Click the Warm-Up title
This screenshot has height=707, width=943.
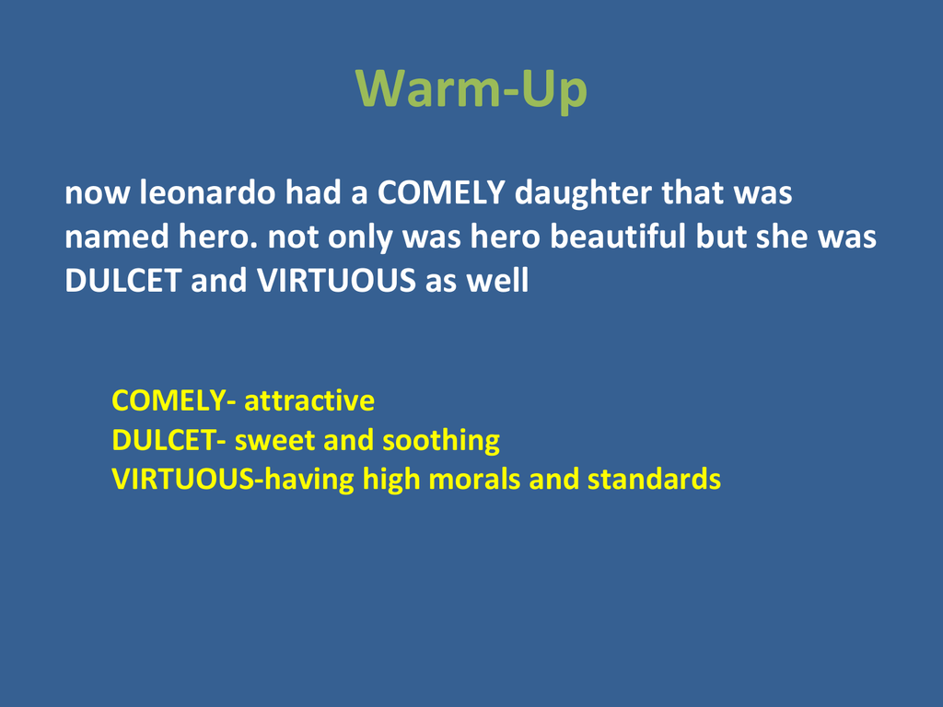coord(471,89)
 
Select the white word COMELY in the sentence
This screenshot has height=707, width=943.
coord(441,193)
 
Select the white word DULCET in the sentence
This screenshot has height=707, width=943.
coord(122,281)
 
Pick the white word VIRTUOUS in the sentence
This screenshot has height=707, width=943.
coord(336,281)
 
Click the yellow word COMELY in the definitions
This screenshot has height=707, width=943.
coord(169,400)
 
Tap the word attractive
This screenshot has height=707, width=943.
coord(309,400)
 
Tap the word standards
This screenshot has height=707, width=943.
coord(654,479)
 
